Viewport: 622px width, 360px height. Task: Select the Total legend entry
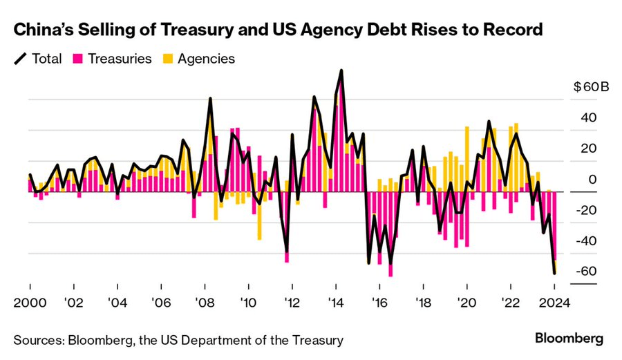40,59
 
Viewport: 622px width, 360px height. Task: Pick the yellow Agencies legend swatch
169,59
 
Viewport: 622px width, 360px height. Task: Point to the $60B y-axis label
591,88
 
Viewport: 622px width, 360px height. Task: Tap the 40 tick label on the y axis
587,118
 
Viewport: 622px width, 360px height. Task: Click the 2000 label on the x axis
30,302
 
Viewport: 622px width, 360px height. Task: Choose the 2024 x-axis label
554,302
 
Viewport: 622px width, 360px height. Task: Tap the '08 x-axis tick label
205,302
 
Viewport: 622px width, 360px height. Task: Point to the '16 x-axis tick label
379,302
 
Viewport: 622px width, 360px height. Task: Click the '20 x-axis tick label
466,302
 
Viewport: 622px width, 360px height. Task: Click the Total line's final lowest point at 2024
555,274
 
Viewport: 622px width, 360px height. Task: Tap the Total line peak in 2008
210,99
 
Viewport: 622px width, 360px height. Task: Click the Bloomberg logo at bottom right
569,339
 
